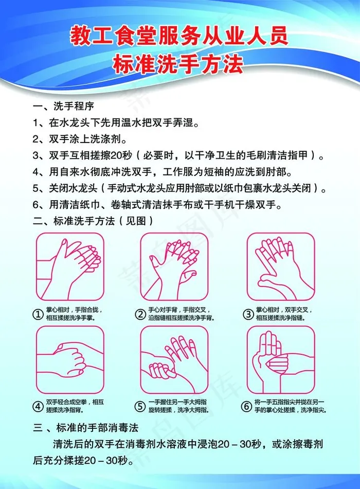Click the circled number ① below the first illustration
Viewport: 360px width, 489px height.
38,314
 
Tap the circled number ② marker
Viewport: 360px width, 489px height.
140,314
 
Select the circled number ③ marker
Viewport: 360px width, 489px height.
248,314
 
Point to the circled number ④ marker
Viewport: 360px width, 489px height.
38,406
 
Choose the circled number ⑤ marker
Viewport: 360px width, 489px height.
140,406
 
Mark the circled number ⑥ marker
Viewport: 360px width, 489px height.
246,406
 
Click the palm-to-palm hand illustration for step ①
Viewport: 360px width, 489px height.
70,267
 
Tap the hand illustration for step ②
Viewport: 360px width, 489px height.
174,267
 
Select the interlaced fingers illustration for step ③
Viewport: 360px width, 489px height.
281,267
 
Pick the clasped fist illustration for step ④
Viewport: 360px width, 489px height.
70,360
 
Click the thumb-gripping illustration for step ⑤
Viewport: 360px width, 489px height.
174,360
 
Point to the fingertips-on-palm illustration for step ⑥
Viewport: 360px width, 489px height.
281,360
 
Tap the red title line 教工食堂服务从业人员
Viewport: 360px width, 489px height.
179,36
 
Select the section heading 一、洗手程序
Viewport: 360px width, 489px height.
63,106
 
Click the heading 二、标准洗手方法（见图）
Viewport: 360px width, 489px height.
93,221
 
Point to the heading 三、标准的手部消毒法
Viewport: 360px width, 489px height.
86,427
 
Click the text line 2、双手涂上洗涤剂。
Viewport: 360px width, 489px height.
80,138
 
